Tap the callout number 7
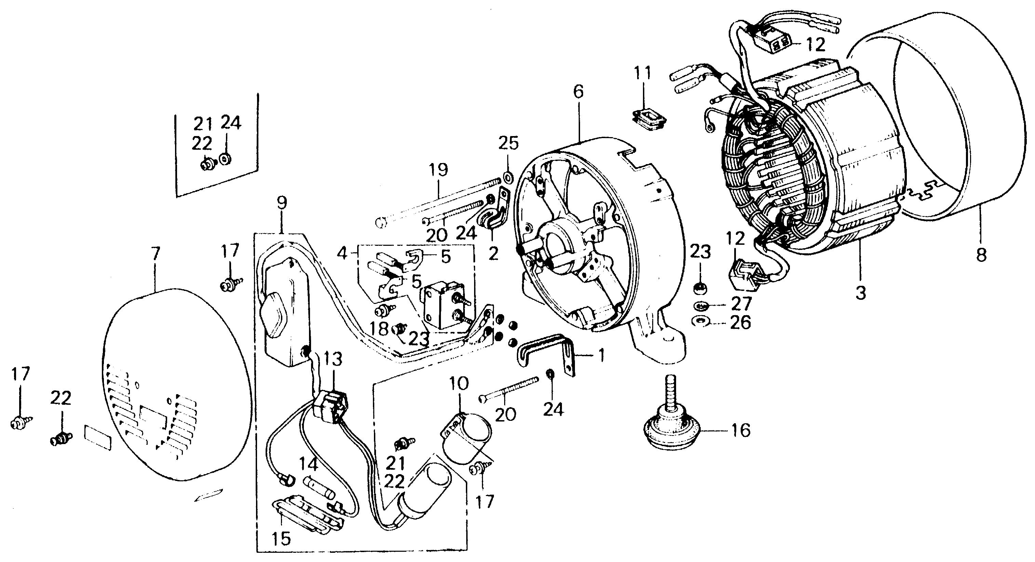(156, 254)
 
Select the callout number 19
(438, 170)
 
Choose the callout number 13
(333, 359)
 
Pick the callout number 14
(309, 465)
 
